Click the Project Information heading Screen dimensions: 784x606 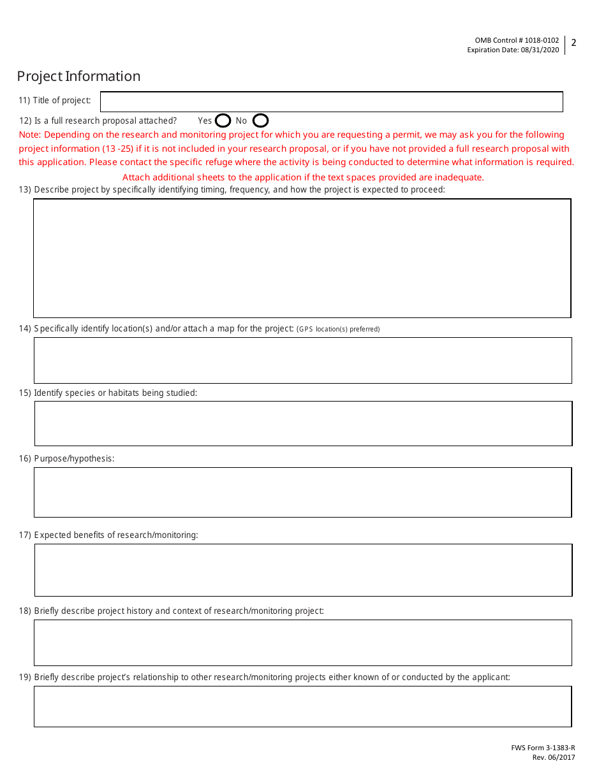78,76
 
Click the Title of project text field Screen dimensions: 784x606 332,102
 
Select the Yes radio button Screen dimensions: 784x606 223,120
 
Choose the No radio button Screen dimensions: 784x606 260,120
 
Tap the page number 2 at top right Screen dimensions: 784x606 573,43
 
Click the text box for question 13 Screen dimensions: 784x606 302,258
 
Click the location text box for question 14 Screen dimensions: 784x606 302,360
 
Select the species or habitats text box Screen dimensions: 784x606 303,423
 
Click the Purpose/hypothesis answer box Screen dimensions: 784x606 302,492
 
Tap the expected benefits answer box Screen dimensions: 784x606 303,570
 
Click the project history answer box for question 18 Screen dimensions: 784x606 302,642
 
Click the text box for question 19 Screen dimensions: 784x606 302,706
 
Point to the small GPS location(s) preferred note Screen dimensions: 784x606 338,330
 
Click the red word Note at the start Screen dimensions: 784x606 29,134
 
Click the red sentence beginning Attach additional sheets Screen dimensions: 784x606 302,177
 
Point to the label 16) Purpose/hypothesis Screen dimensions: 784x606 66,458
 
